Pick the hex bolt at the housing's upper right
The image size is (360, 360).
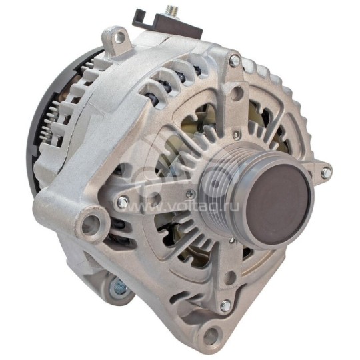pos(234,61)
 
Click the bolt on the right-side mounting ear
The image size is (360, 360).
pos(325,173)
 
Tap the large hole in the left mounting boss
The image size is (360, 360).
pos(91,223)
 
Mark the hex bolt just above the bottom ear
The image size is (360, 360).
pos(225,305)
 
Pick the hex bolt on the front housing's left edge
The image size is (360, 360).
pos(123,201)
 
